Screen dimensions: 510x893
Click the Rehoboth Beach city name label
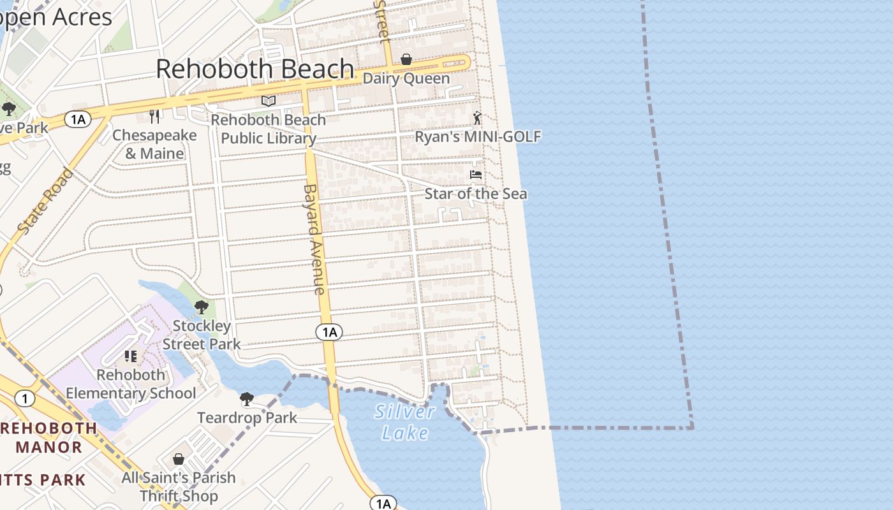(255, 69)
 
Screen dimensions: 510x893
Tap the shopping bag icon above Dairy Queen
(406, 60)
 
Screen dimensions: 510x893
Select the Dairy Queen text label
(406, 78)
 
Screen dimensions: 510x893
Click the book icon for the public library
(269, 101)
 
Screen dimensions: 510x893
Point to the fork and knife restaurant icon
(154, 116)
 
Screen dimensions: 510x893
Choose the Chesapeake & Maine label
(154, 144)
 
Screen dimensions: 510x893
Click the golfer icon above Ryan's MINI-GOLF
(477, 118)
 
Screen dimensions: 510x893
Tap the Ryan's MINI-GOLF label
(478, 136)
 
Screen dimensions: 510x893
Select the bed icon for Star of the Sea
(476, 175)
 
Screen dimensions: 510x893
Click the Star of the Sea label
(476, 194)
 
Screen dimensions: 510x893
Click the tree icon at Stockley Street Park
(202, 307)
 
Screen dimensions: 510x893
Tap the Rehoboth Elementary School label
(131, 384)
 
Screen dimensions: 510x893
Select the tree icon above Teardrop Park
(247, 400)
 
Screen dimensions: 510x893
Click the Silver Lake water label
(404, 422)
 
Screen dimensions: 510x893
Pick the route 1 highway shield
(24, 399)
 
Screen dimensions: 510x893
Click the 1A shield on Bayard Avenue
(328, 331)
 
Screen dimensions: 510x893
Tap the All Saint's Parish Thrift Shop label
(179, 486)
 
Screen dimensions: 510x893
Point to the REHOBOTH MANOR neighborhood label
(48, 437)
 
